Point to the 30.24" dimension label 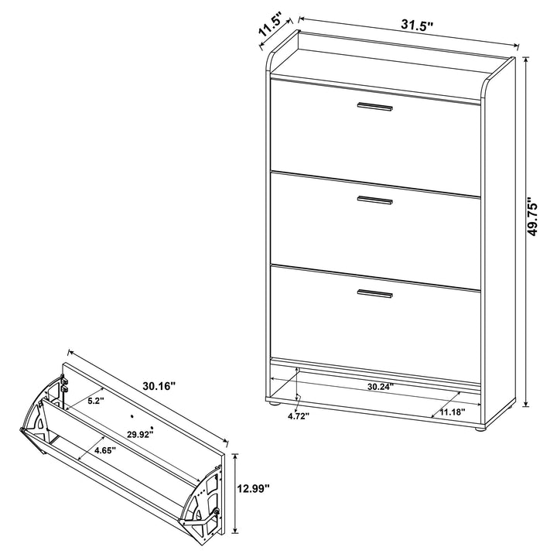(x=381, y=385)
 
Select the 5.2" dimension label (x=95, y=402)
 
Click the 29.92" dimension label (x=141, y=433)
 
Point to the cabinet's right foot (x=480, y=425)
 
